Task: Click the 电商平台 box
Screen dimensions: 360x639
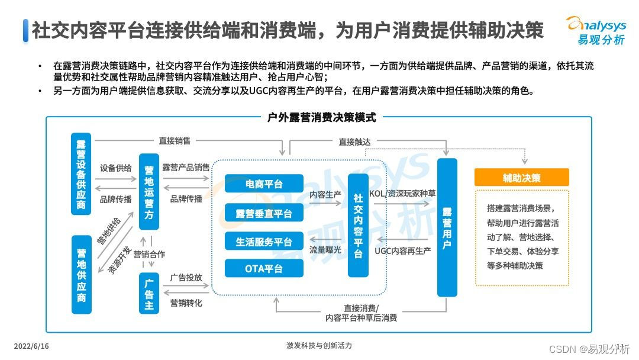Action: (x=264, y=184)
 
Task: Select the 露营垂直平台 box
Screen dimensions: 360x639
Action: (x=264, y=213)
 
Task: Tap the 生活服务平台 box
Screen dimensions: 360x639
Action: (x=264, y=242)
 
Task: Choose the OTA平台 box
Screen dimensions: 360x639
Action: (x=264, y=269)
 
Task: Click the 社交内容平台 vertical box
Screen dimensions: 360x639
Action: (x=358, y=226)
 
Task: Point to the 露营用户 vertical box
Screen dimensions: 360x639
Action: (x=447, y=227)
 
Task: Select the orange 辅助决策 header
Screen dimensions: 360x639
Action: (x=521, y=178)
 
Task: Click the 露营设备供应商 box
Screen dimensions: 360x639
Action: (x=81, y=175)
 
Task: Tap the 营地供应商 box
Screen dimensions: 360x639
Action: (x=81, y=274)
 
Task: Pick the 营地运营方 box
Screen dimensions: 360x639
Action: (x=149, y=192)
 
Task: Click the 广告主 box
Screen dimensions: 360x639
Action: (x=149, y=292)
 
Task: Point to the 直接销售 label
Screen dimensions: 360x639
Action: (x=175, y=141)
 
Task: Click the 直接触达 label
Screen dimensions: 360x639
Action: (x=354, y=142)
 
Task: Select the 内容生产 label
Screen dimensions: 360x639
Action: (x=325, y=194)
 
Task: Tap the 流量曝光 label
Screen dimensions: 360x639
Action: (x=325, y=250)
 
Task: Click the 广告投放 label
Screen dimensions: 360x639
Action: (x=186, y=277)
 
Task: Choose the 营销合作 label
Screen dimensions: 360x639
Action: (x=149, y=255)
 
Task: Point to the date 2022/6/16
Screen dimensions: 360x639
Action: (x=31, y=346)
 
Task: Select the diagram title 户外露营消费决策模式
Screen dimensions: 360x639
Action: (x=319, y=117)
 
